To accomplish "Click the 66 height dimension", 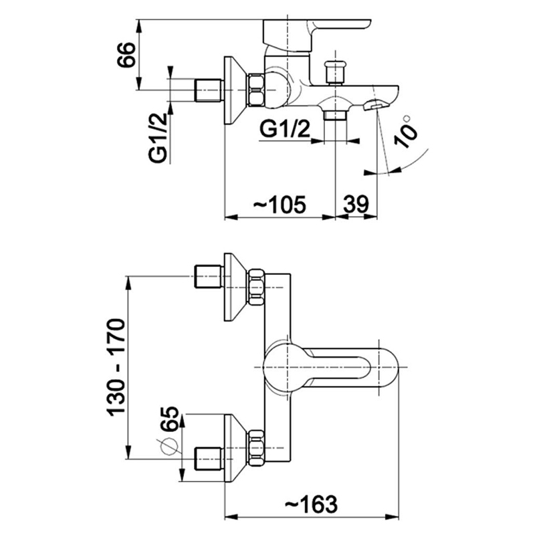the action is [x=126, y=55].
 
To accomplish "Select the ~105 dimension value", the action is [x=279, y=205].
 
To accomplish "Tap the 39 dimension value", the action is [x=356, y=205].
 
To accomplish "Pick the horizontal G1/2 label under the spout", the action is [x=285, y=129].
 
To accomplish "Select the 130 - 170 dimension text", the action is [x=116, y=367].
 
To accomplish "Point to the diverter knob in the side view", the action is [x=334, y=72].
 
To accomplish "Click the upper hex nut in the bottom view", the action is [x=256, y=288].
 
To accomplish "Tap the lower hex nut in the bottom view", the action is [x=256, y=447].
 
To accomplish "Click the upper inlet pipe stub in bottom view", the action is [x=207, y=277].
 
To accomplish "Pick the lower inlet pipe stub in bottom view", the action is [x=207, y=459].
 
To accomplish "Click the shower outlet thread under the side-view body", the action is [x=335, y=115].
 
